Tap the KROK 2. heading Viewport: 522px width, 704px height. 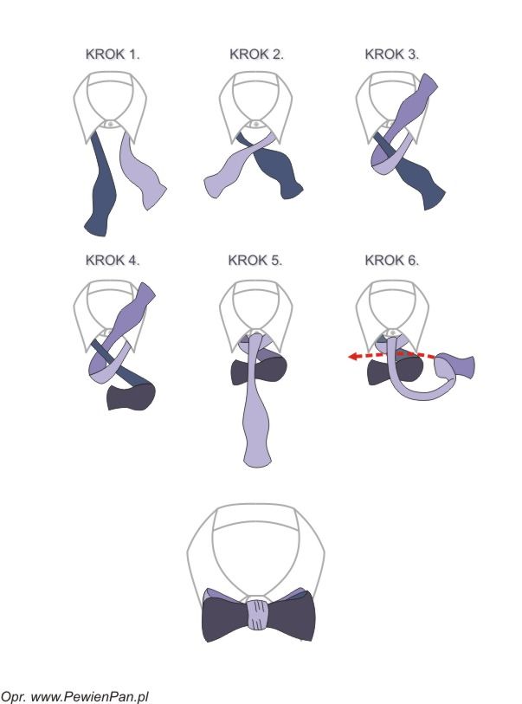pos(256,54)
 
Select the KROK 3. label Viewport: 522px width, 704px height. pos(392,54)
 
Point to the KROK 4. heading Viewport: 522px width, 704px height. pos(113,259)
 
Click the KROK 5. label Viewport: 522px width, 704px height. pos(255,259)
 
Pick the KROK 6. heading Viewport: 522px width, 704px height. pos(392,259)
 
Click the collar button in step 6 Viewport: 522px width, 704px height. pos(392,332)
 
